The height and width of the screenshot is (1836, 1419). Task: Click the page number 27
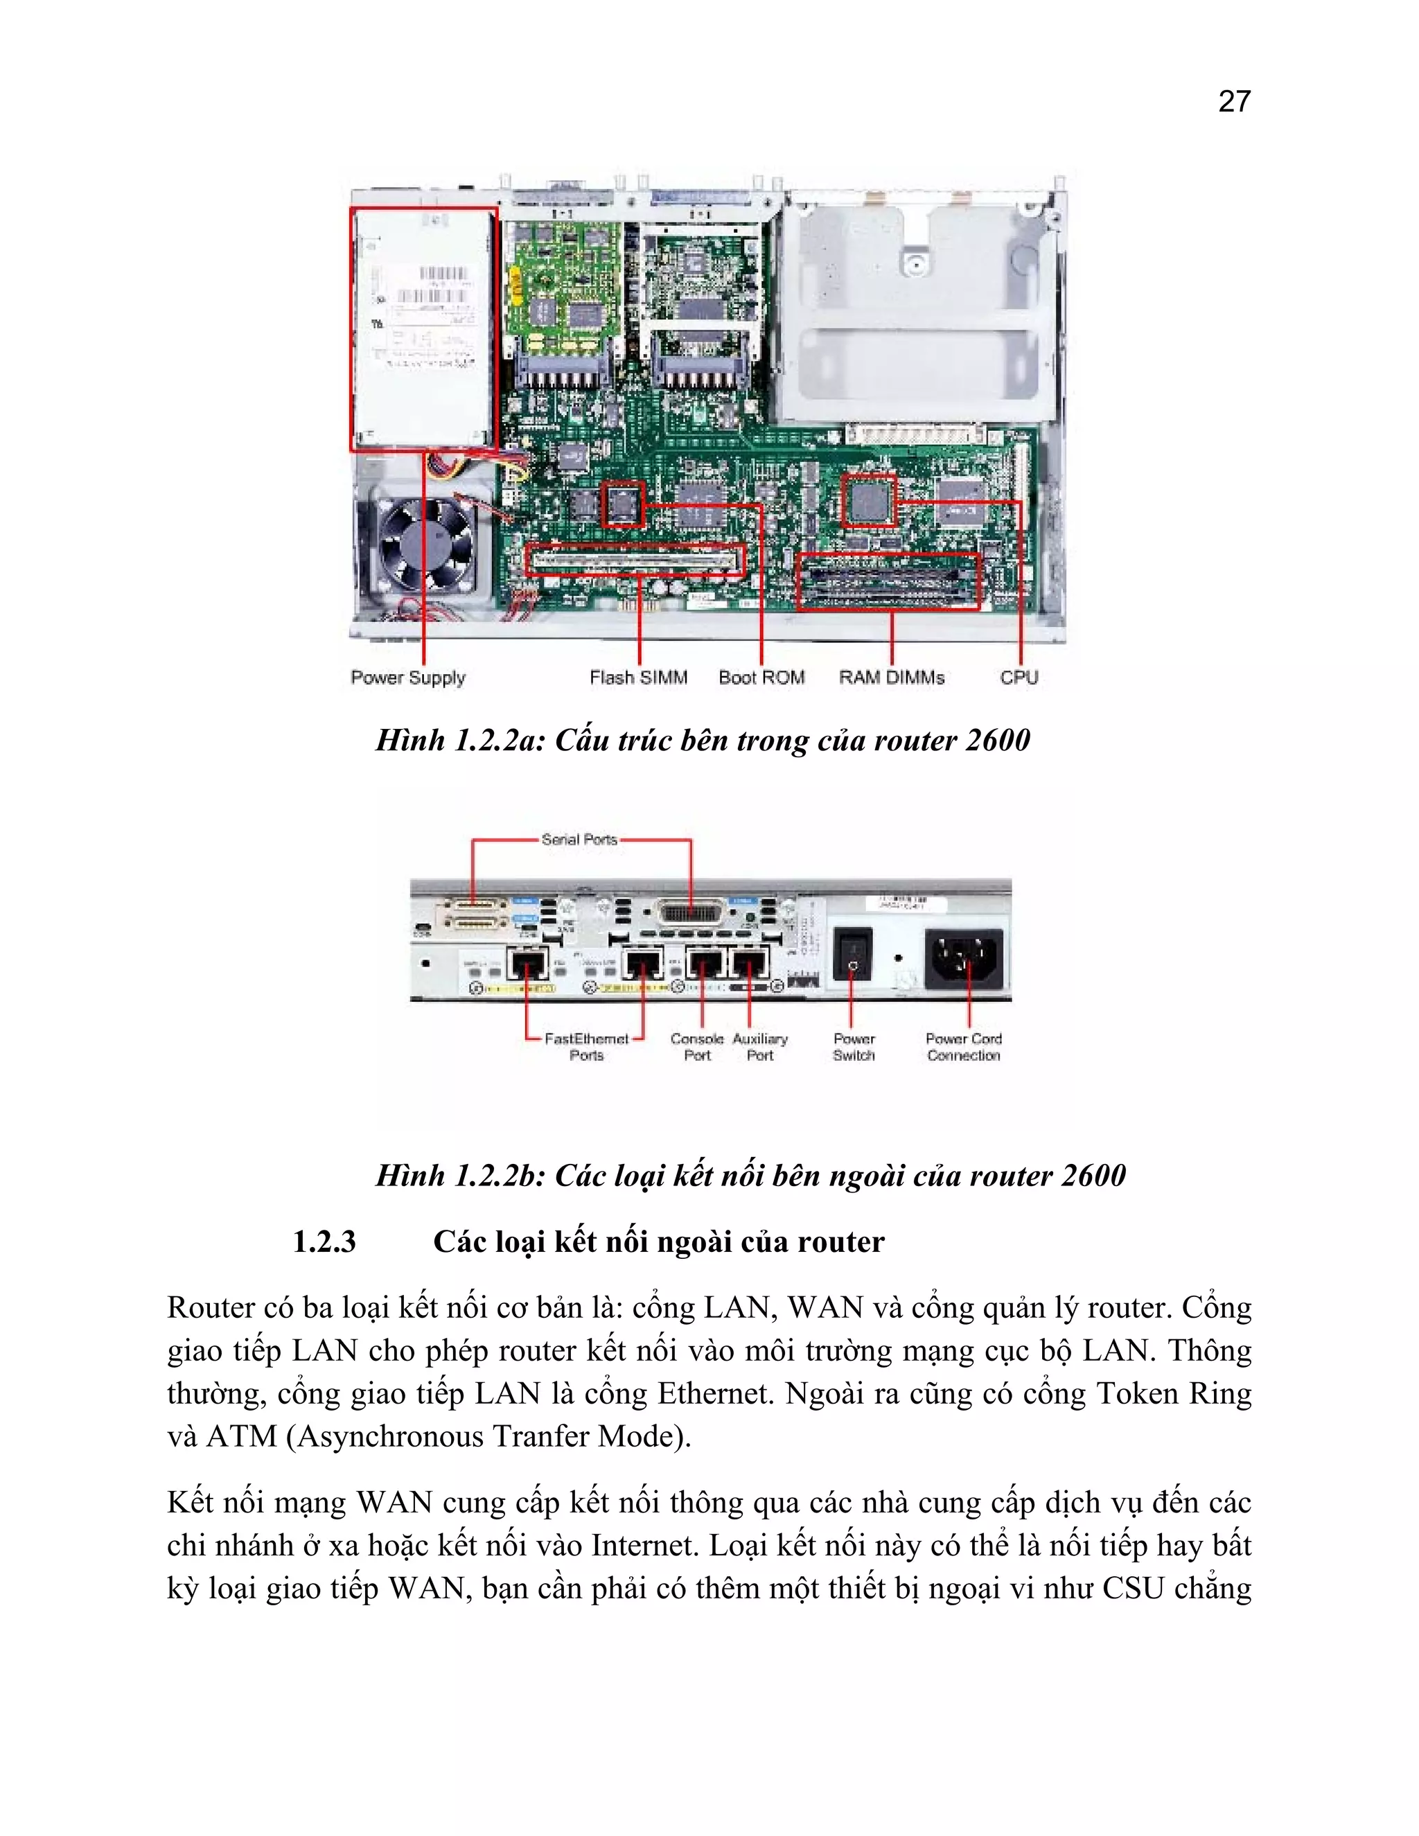(1233, 102)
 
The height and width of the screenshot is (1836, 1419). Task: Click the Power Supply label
(407, 678)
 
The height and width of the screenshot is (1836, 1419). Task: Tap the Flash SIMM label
(638, 678)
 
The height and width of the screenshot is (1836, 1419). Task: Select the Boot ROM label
(761, 678)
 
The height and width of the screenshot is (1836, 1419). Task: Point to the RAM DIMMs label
(891, 678)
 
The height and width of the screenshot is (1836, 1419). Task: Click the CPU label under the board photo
(1019, 678)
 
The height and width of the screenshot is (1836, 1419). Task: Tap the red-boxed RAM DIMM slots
(888, 582)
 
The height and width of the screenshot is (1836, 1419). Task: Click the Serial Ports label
(579, 839)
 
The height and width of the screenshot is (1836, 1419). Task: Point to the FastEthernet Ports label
(586, 1047)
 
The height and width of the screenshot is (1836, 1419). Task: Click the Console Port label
(697, 1047)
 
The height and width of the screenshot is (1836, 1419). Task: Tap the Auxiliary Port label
(760, 1047)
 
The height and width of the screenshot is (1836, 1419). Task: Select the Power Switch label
(853, 1047)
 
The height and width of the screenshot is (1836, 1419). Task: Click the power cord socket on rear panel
(964, 958)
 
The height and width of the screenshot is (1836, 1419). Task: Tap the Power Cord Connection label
(963, 1047)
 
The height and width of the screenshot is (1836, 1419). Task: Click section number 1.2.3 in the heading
(324, 1242)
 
